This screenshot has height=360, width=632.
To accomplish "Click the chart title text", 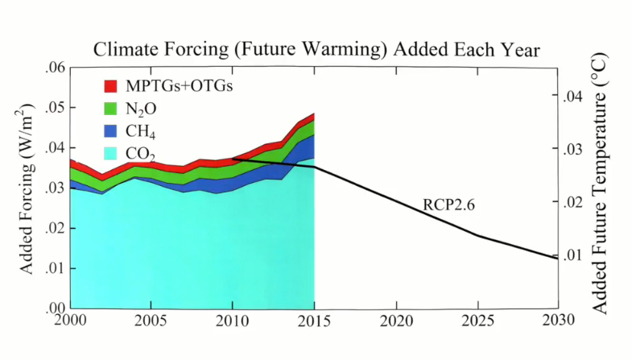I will (316, 50).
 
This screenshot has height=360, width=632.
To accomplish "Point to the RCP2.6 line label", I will (449, 205).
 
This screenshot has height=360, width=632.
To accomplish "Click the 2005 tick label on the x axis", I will (151, 320).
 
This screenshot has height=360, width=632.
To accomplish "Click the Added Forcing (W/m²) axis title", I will (27, 188).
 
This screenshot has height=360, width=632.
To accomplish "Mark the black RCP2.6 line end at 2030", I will (557, 259).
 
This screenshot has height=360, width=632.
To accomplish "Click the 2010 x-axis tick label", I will (233, 320).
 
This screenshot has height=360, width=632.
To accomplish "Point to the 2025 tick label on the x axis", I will (478, 320).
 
